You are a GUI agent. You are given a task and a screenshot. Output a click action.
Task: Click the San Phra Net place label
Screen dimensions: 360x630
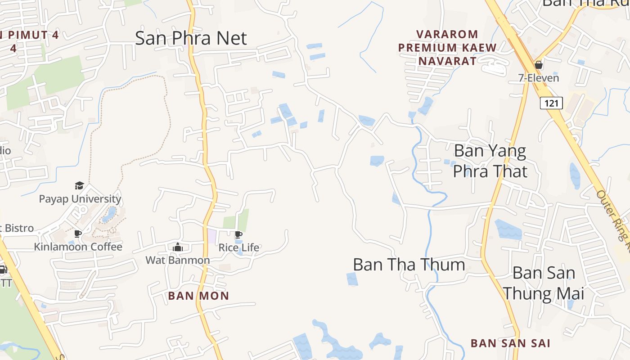[x=191, y=38]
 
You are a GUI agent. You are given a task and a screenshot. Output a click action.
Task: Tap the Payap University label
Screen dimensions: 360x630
[x=80, y=199]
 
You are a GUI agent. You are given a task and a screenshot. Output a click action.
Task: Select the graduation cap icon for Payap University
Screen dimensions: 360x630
[x=80, y=185]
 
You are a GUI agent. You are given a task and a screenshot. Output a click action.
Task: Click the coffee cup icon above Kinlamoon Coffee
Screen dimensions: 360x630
[x=78, y=234]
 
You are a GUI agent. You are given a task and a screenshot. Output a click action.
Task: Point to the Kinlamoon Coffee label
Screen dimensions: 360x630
[x=78, y=247]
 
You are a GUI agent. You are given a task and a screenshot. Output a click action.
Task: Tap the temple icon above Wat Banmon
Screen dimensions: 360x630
[x=177, y=247]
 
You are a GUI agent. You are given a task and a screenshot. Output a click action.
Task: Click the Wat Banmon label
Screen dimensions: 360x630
[x=177, y=260]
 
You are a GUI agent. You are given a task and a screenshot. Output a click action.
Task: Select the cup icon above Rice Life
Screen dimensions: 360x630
[x=238, y=234]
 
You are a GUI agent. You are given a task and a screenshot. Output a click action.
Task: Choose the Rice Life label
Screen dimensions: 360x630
[x=239, y=247]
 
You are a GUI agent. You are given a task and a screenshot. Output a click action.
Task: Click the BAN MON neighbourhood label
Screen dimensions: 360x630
[x=198, y=296]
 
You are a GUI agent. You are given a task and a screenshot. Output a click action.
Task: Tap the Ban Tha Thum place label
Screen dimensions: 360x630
[x=409, y=265]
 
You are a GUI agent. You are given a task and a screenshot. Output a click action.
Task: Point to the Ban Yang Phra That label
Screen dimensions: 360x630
[x=490, y=161]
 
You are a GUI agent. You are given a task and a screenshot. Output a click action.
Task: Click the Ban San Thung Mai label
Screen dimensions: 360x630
[x=544, y=283]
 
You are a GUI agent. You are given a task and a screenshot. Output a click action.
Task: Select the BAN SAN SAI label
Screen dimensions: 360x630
[x=510, y=343]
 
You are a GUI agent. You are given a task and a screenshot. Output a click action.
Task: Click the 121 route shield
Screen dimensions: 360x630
[x=551, y=103]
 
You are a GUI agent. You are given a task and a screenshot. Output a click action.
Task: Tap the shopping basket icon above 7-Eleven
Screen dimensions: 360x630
[x=538, y=65]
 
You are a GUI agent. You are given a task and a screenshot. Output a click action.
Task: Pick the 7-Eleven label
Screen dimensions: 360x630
[x=538, y=78]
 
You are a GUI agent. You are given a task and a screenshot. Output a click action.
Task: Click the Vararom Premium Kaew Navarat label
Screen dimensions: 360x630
[x=447, y=47]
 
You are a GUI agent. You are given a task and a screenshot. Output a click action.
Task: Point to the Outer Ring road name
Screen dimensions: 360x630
[x=613, y=220]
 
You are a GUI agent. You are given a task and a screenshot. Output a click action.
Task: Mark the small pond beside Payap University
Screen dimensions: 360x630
[x=109, y=215]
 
